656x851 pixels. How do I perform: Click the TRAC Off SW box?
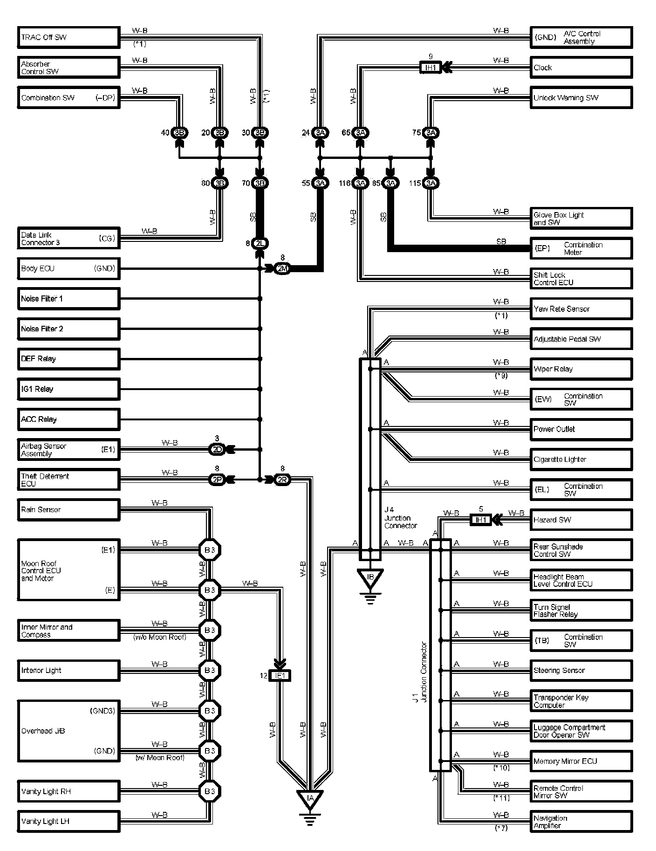(x=68, y=37)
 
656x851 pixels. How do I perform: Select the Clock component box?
(x=581, y=68)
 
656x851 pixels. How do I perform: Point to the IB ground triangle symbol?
(x=370, y=578)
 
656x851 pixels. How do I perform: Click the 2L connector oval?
(x=260, y=243)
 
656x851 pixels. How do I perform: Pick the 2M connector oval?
(x=282, y=268)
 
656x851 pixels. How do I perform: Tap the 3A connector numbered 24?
(x=320, y=133)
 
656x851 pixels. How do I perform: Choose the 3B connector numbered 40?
(x=179, y=133)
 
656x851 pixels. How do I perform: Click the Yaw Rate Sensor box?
(x=581, y=309)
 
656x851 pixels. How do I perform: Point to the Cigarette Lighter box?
(x=581, y=460)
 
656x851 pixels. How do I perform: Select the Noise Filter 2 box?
(x=68, y=329)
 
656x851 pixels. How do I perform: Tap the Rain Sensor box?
(x=68, y=510)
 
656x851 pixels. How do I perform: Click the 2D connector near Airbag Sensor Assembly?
(x=217, y=449)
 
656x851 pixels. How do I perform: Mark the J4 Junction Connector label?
(x=400, y=518)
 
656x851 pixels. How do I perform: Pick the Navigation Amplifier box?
(x=581, y=822)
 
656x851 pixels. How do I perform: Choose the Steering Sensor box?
(x=581, y=671)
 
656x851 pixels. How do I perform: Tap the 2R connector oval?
(x=282, y=480)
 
